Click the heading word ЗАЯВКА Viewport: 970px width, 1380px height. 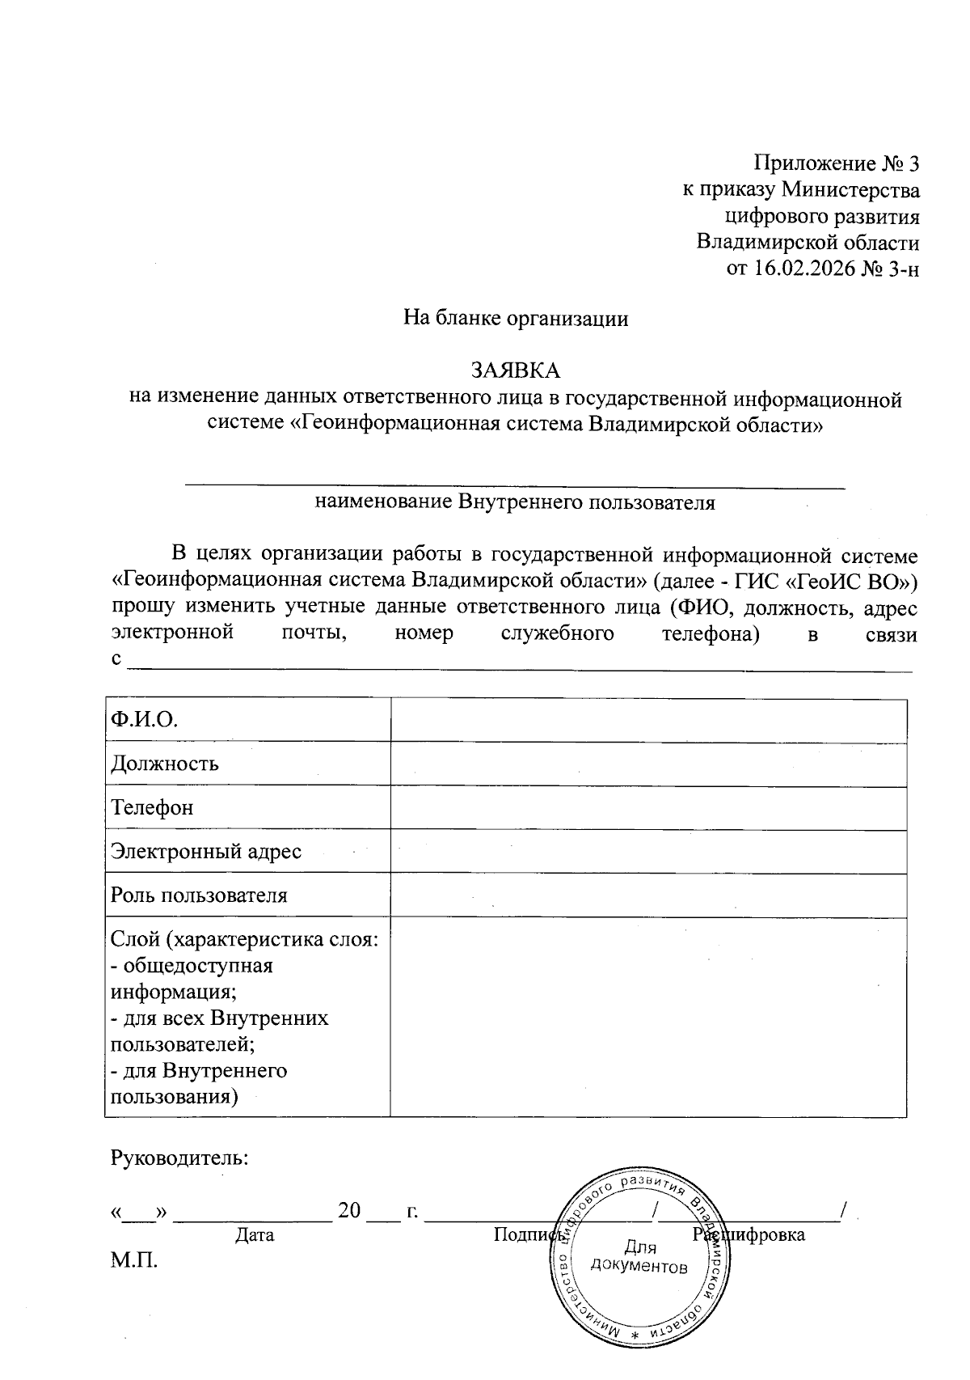pos(516,370)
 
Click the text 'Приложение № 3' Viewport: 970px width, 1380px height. pos(837,164)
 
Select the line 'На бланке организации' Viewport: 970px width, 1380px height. pos(516,318)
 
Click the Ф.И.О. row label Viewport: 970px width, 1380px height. pos(144,720)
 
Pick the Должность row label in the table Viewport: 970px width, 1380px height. pos(165,764)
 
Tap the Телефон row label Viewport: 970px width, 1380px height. pos(153,807)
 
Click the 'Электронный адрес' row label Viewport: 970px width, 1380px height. pos(206,851)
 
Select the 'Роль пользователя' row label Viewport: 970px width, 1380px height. pos(199,895)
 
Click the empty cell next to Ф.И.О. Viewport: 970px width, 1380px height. pos(647,719)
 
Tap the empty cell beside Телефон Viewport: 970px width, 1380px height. pos(647,807)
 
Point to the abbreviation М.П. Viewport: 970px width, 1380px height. pos(134,1260)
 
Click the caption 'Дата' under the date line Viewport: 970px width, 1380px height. pos(254,1235)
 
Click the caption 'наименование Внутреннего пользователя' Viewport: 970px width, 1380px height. pos(516,502)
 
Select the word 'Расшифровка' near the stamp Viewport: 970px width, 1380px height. pos(749,1235)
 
